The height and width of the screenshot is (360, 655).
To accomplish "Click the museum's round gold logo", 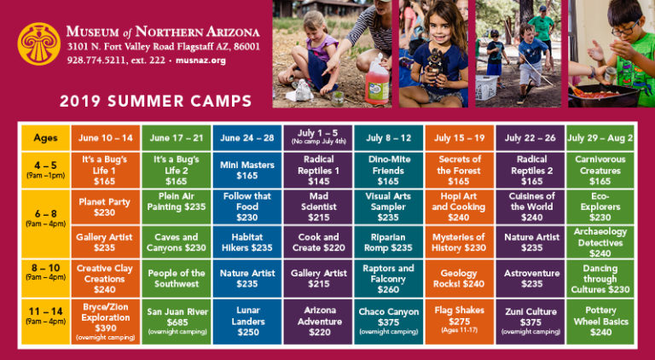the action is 39,44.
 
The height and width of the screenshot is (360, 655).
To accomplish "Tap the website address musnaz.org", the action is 200,60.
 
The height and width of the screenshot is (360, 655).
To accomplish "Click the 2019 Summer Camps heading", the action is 156,101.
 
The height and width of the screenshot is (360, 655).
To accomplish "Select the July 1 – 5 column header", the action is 318,138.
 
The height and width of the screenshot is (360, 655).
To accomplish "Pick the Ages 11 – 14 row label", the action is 45,322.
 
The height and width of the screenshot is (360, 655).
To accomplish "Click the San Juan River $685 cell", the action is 177,322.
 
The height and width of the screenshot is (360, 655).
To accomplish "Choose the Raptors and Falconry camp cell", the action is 389,279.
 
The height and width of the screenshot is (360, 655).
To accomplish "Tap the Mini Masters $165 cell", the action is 247,170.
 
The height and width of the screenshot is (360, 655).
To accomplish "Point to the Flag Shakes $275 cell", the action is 459,322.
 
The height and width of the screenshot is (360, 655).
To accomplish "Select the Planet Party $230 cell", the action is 105,207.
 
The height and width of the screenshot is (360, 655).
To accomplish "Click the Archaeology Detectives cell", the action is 600,242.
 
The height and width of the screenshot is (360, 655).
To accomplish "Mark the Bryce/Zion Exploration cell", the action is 105,322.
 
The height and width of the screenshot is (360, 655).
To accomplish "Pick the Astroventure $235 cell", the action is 530,279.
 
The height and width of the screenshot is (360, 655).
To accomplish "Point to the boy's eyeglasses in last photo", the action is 624,29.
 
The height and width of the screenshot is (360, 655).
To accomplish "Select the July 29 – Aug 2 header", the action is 600,138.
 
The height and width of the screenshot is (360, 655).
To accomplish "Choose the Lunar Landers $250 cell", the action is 247,322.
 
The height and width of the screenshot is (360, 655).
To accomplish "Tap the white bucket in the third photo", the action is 486,87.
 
